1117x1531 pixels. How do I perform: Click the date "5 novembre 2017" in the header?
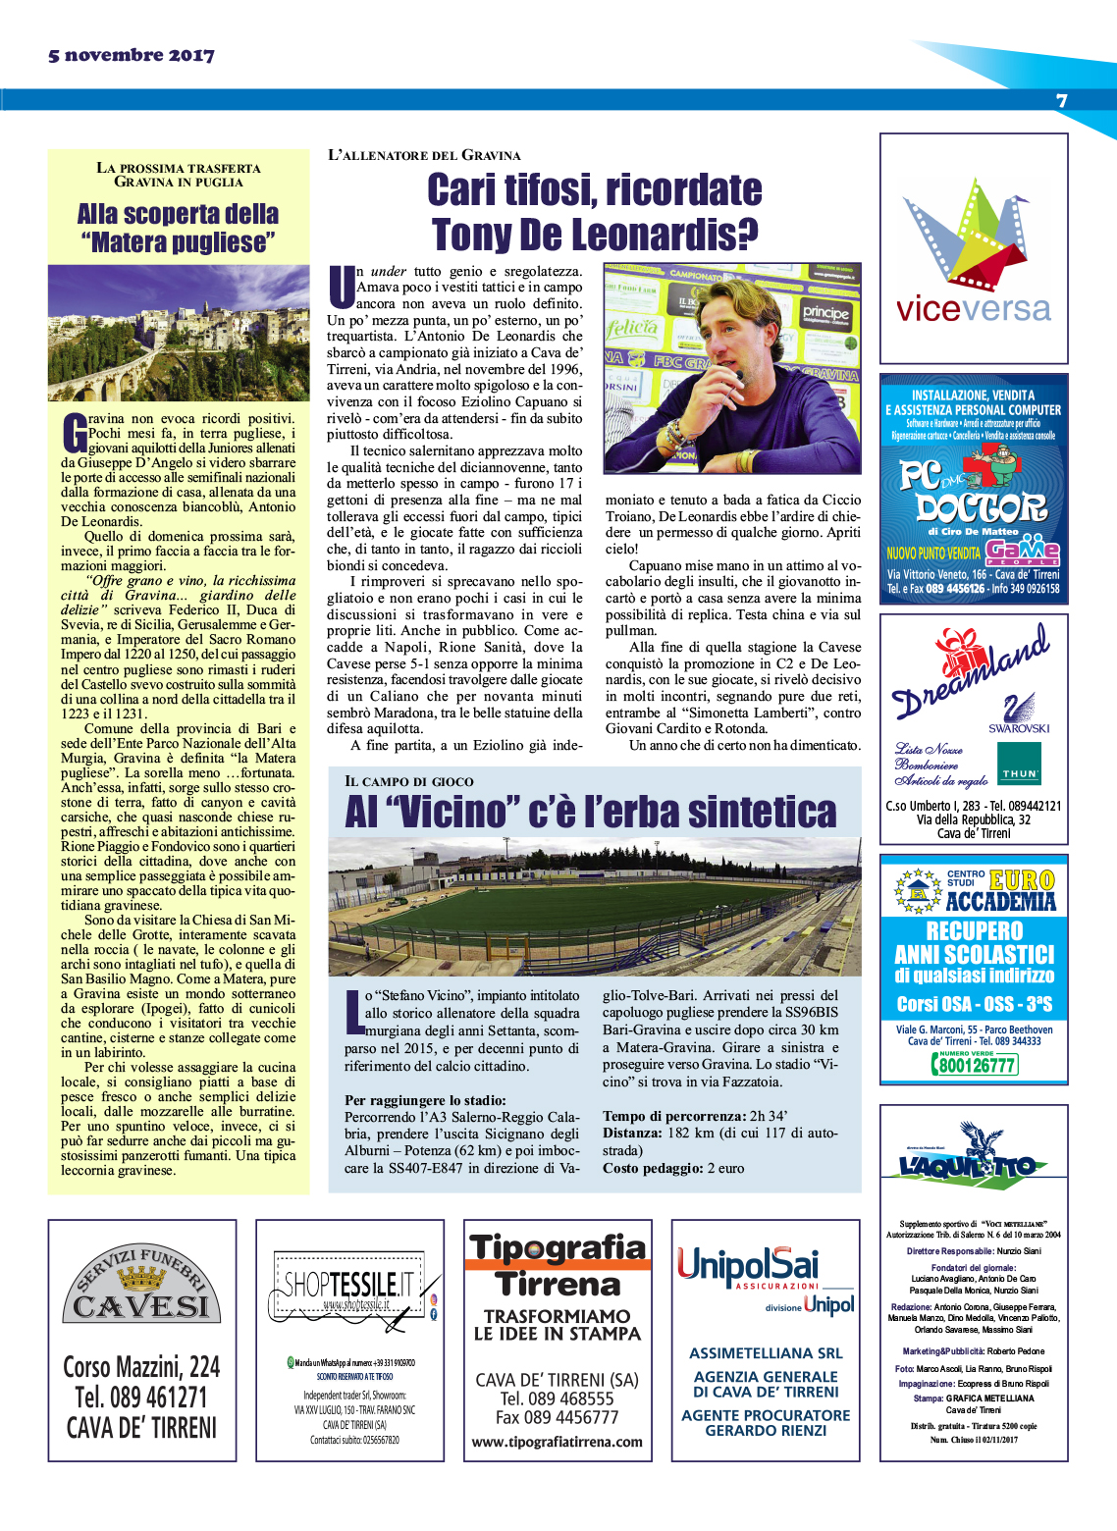coord(131,56)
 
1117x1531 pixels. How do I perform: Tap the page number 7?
coord(1061,101)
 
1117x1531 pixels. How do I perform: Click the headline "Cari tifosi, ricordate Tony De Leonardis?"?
coord(595,212)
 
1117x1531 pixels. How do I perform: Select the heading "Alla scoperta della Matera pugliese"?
coord(178,228)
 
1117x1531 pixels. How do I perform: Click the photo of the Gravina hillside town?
coord(178,333)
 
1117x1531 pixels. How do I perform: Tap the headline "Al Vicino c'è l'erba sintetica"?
coord(591,812)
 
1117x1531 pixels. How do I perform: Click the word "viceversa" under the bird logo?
coord(973,310)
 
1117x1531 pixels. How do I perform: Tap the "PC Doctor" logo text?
coord(972,492)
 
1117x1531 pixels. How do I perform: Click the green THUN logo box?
coord(1019,764)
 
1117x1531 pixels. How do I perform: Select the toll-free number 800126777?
coord(974,1065)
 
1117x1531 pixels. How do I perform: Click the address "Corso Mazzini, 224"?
coord(141,1366)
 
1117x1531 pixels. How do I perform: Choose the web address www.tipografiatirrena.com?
coord(557,1442)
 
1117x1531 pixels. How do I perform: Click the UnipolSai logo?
coord(747,1266)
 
